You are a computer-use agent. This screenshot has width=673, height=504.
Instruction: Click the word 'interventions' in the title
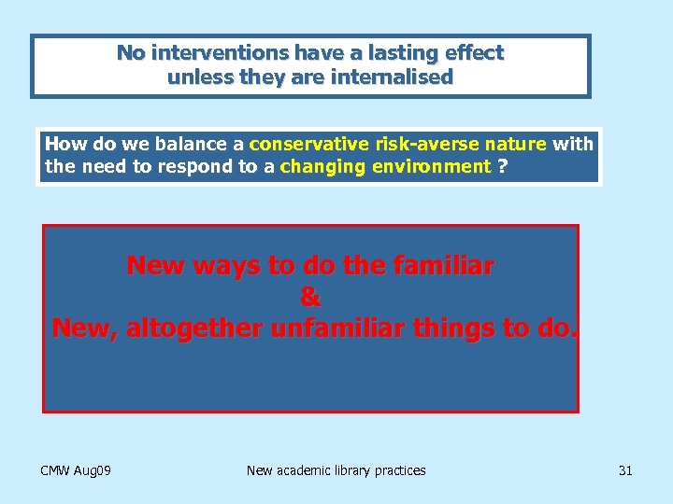click(x=206, y=53)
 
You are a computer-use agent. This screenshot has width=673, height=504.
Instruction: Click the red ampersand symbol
click(x=310, y=298)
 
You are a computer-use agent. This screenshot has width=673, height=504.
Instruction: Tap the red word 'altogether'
click(x=193, y=329)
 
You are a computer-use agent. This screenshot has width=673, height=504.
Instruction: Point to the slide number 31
click(x=625, y=470)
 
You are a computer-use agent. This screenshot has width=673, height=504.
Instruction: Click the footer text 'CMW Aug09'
click(x=77, y=470)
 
